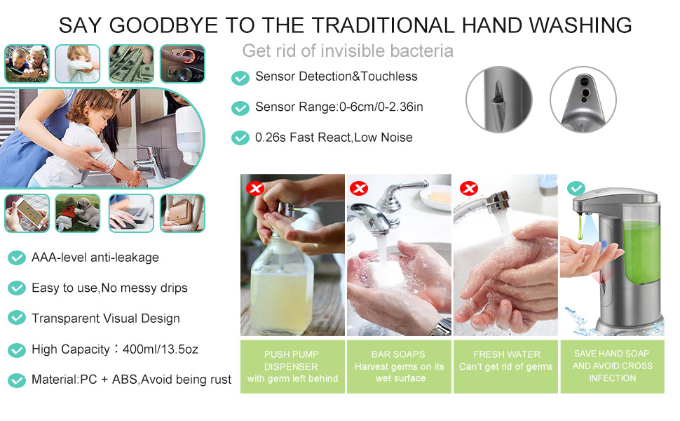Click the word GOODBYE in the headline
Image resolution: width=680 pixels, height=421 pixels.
163,25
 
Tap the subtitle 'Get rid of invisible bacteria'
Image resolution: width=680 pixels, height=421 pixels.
348,51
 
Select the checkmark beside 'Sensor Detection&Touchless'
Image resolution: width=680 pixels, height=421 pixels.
240,78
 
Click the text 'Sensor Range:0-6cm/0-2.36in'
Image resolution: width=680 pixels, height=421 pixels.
339,107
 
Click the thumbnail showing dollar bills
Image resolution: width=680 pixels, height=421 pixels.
131,64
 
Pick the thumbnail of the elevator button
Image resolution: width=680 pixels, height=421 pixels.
182,64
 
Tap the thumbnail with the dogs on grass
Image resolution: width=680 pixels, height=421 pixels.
78,213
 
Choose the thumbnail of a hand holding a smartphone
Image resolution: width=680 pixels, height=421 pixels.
27,213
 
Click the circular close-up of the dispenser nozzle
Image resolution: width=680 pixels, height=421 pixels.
498,100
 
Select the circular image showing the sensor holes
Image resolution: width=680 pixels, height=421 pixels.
583,100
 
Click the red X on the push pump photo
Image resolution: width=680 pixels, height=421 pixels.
255,188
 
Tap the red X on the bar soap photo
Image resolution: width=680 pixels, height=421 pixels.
359,188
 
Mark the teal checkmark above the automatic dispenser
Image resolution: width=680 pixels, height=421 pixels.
576,188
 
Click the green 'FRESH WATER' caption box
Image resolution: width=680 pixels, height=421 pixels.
505,367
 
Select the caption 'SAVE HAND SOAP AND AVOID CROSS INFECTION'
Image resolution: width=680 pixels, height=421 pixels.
612,366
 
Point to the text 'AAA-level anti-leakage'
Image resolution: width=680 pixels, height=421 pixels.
95,258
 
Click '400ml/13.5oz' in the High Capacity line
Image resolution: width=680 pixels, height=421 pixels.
161,349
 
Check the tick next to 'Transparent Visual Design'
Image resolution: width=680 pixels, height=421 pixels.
17,318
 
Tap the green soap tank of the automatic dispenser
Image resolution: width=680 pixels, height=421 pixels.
641,252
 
